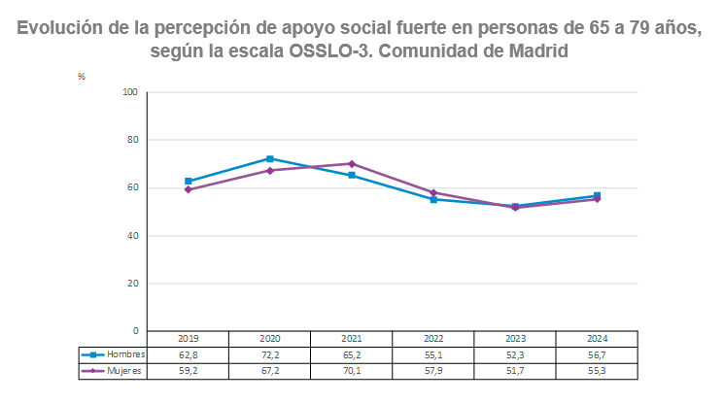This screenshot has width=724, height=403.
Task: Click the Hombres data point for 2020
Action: coord(270,158)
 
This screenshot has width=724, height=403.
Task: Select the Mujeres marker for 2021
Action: coord(352,163)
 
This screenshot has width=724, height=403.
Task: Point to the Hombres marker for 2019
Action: coord(189,182)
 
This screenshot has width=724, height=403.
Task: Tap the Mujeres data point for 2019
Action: coord(189,189)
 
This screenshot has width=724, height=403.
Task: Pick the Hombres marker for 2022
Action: coord(433,199)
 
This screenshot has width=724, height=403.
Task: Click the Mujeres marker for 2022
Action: coord(433,192)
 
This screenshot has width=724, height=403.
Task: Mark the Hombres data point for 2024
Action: coord(597,196)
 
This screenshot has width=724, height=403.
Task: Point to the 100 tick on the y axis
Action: coord(130,92)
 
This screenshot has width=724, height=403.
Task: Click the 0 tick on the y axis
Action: coord(136,331)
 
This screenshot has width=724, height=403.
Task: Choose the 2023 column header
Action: coord(515,339)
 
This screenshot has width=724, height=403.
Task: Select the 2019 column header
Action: coord(189,339)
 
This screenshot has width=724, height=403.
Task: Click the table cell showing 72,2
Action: coord(270,355)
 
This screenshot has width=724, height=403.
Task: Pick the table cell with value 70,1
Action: coord(352,370)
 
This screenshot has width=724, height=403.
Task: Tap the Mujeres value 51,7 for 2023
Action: coord(515,370)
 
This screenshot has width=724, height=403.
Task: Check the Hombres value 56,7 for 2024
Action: coord(597,355)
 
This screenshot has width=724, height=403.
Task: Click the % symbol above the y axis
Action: coord(83,76)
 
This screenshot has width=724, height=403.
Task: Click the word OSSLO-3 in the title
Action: coord(328,50)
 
